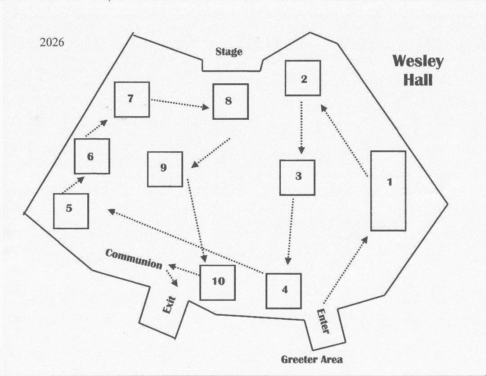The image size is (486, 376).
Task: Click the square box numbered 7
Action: tap(131, 100)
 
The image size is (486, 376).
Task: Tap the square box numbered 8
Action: tap(230, 101)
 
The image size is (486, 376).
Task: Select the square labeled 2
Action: tap(303, 78)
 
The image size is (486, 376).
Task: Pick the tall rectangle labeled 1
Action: tap(388, 191)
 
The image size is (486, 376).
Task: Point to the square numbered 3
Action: tap(297, 177)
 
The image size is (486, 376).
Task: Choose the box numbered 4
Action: tap(283, 291)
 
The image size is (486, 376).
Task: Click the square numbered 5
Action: tap(71, 211)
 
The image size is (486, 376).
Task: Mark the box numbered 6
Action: tap(92, 156)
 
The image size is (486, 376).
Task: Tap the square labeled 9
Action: tap(165, 169)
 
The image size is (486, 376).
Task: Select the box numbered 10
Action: tap(218, 282)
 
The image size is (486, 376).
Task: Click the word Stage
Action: tap(229, 52)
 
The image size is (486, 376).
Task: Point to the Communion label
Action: tap(134, 259)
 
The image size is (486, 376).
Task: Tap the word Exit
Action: tap(169, 306)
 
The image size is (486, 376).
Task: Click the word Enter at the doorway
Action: tap(323, 321)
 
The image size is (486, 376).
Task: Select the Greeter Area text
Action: tap(311, 359)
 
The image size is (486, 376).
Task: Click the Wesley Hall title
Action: tap(418, 71)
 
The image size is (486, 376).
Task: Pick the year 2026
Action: tap(52, 43)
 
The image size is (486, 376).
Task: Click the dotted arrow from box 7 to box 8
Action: tap(180, 103)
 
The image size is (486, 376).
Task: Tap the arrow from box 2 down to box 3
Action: tap(301, 128)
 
